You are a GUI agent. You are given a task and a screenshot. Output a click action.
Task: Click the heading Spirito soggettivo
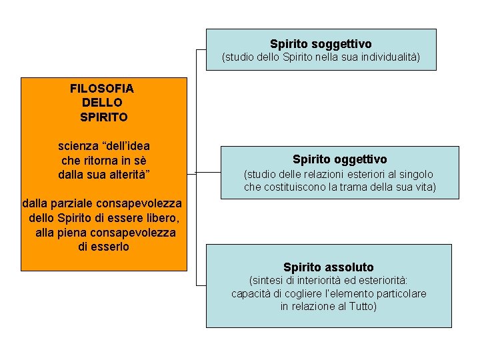tap(321, 44)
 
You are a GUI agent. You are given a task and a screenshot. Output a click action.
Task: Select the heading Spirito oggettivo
tap(339, 159)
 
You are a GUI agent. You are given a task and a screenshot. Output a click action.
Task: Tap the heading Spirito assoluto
tap(328, 267)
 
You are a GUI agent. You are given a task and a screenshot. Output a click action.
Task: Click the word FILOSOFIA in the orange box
tap(101, 88)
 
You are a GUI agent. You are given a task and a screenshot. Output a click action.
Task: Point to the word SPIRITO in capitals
tap(104, 117)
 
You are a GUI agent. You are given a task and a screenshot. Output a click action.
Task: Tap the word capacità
tap(251, 293)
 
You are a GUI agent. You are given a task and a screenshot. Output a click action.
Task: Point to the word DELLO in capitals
tap(102, 103)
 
